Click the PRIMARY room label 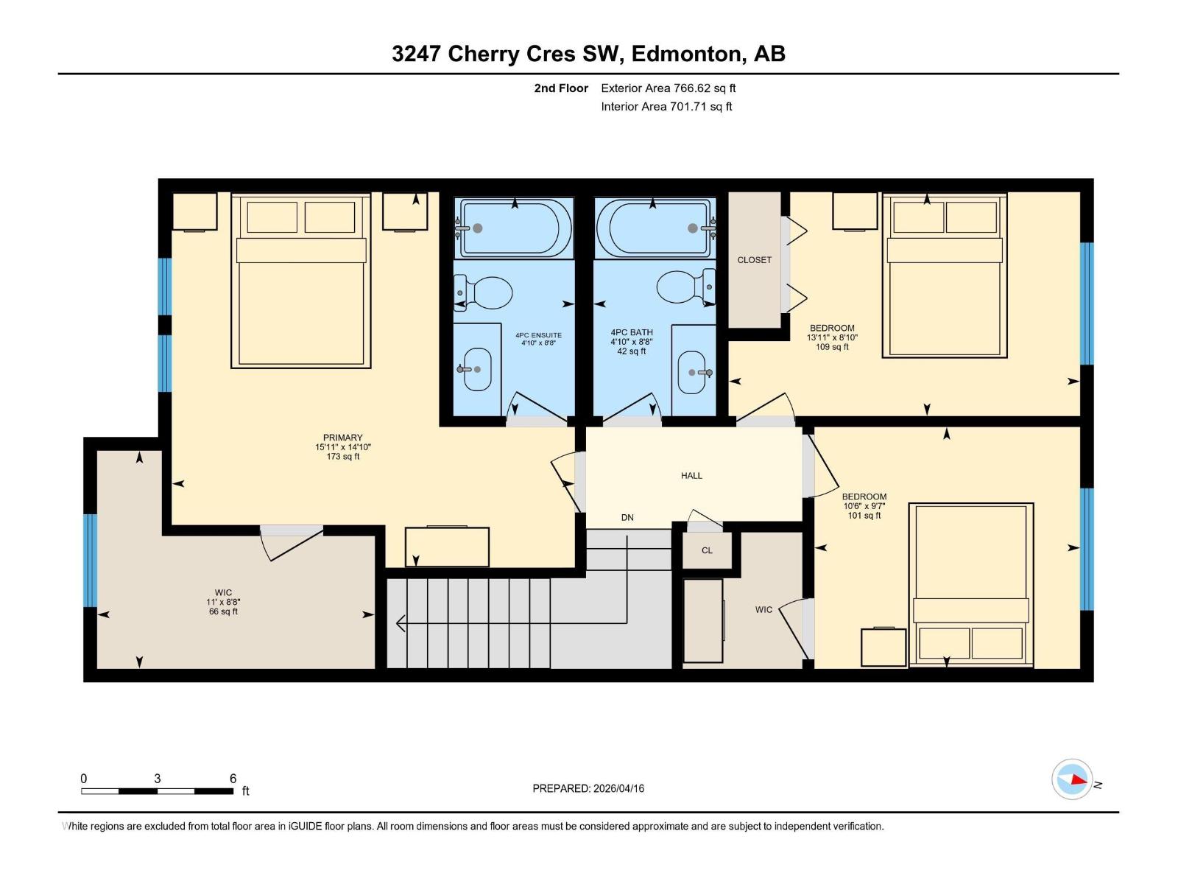(342, 438)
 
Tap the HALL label (691, 476)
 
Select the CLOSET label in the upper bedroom (754, 260)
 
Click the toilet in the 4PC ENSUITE (486, 292)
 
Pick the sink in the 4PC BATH (693, 372)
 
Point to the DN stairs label (627, 518)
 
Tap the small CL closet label (707, 550)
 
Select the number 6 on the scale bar (233, 779)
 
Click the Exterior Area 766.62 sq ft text (668, 88)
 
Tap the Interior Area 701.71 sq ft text (666, 107)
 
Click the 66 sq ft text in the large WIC (223, 611)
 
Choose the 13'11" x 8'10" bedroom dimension (832, 337)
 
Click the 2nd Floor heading (561, 88)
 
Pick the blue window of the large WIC (91, 560)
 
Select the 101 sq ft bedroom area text (864, 516)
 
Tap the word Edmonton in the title (685, 54)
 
